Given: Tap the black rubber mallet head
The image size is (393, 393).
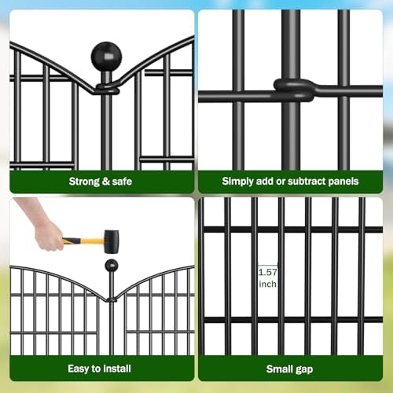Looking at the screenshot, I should (x=111, y=241).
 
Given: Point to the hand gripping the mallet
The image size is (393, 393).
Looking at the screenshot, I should (x=49, y=234).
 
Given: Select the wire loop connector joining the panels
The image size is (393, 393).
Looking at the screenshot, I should (x=293, y=90).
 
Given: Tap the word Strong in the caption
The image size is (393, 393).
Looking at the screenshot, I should (x=85, y=182).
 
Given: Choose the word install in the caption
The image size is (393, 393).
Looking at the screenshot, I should (x=117, y=368).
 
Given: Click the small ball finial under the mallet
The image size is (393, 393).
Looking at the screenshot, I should (x=112, y=266).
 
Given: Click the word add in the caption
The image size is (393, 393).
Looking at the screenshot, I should (x=267, y=182).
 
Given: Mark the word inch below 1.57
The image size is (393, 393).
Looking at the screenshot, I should (x=268, y=284).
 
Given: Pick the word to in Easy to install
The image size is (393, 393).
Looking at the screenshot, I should (x=98, y=368).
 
